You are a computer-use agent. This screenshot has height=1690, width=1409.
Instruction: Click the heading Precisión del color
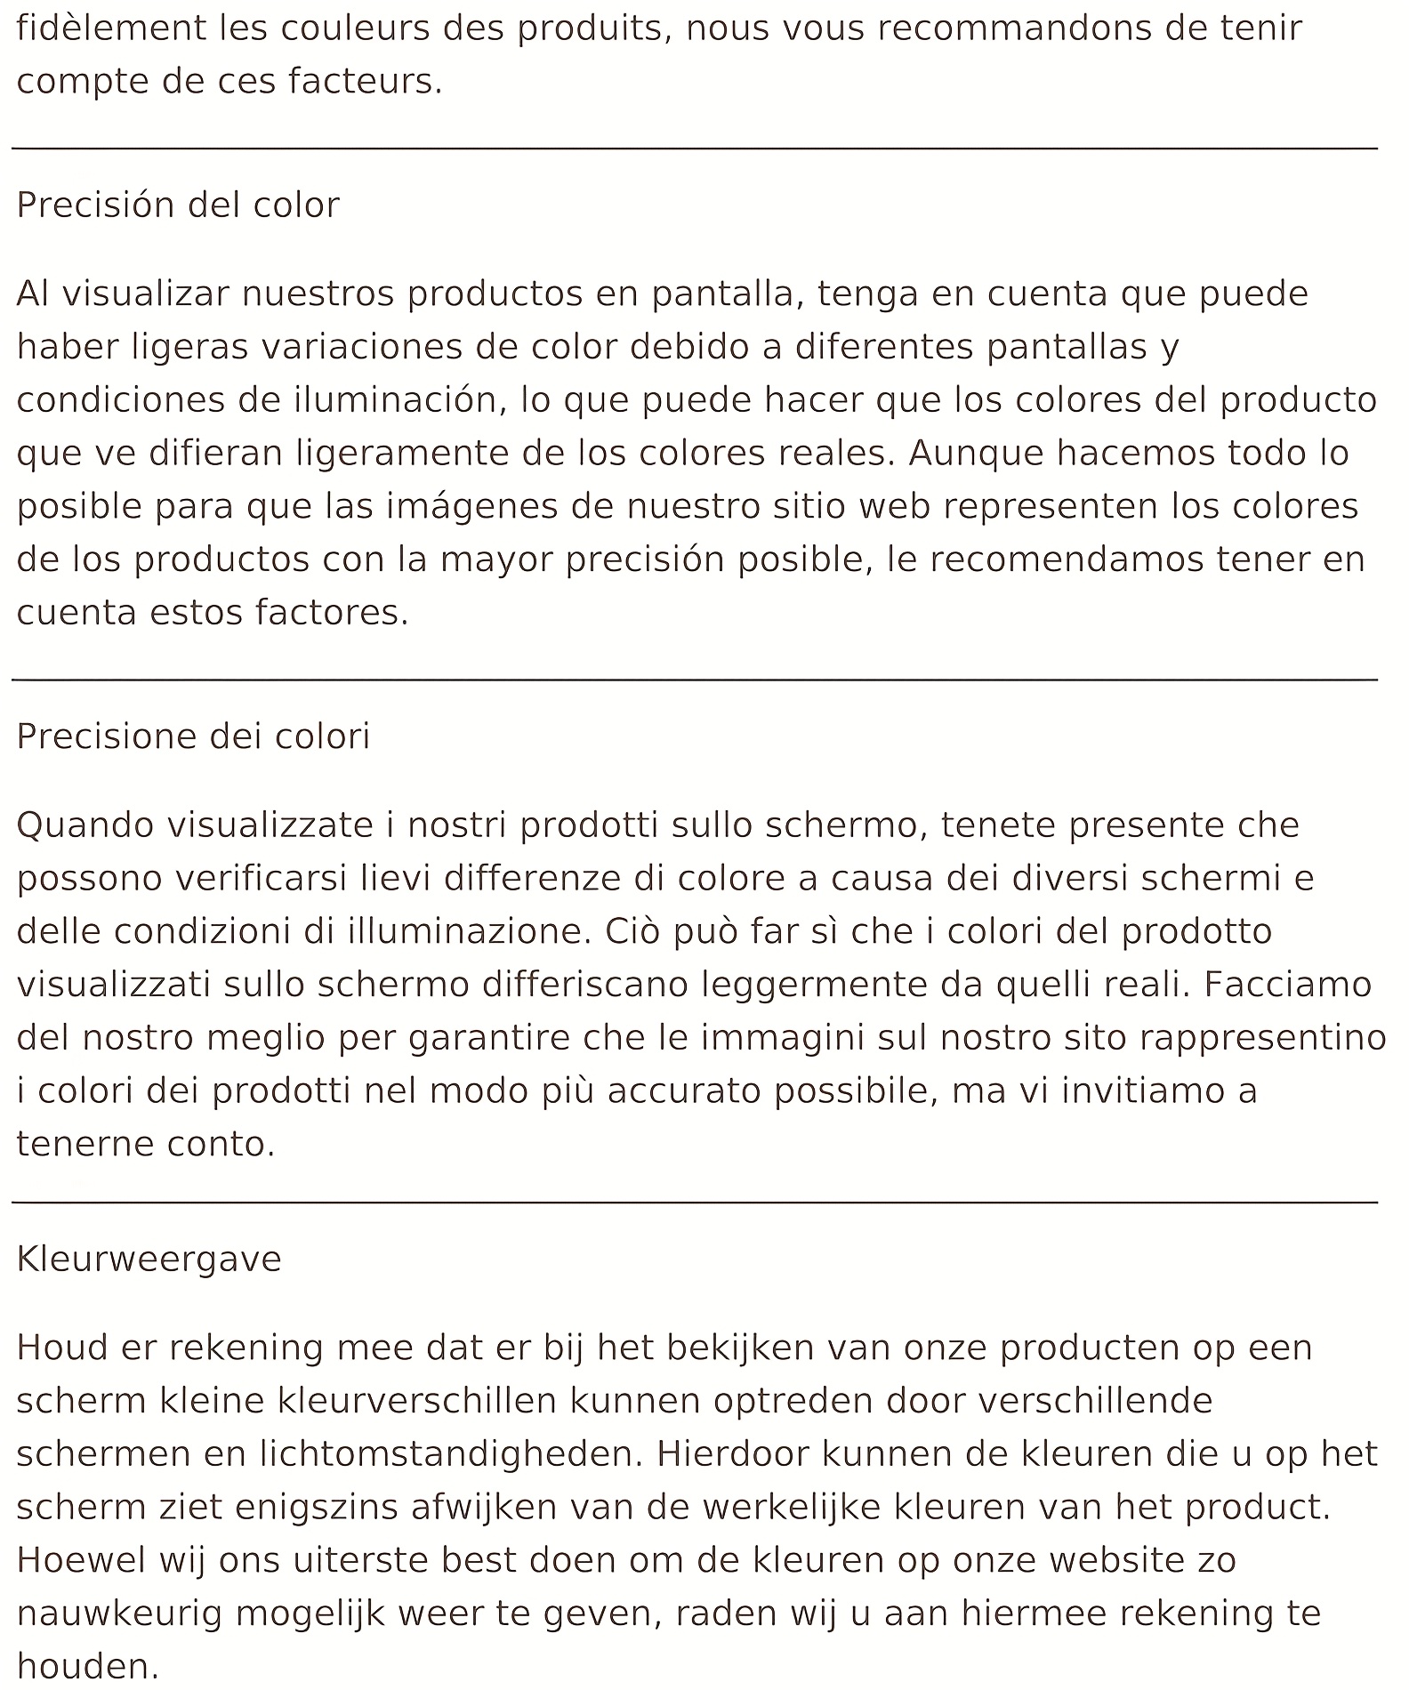[178, 205]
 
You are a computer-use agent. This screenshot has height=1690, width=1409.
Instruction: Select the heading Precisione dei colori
[193, 736]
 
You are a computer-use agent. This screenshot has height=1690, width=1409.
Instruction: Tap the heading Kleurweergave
[149, 1259]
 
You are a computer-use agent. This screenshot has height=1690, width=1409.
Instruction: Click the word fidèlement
[110, 28]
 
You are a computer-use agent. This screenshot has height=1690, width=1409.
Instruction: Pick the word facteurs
[365, 82]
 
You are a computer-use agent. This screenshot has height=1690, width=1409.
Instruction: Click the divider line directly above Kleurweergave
[694, 1203]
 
